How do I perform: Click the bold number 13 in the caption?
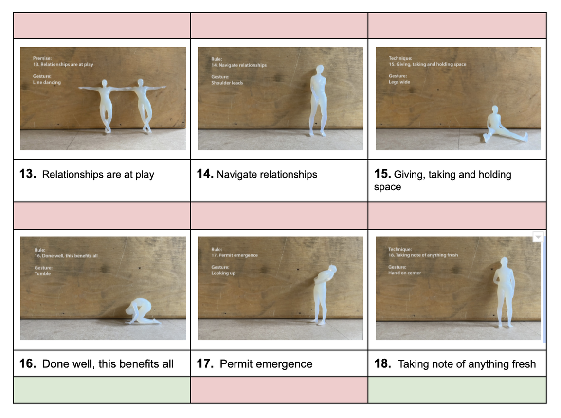click(x=28, y=174)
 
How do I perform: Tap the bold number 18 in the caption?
click(x=382, y=363)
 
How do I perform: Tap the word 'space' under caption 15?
click(x=387, y=187)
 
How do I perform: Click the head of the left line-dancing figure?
click(x=105, y=83)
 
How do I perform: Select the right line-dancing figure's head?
click(x=140, y=83)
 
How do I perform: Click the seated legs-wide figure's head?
click(x=495, y=109)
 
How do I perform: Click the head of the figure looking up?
click(x=333, y=269)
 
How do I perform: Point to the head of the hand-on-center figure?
click(x=504, y=262)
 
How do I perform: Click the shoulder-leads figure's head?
click(x=320, y=69)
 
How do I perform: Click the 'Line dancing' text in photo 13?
click(x=47, y=82)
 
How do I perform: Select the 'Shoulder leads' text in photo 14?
click(x=227, y=83)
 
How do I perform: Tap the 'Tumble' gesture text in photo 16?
click(x=43, y=273)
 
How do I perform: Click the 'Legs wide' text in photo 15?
click(x=399, y=82)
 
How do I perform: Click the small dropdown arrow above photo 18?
click(x=538, y=237)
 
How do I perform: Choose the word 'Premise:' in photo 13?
click(x=42, y=58)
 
